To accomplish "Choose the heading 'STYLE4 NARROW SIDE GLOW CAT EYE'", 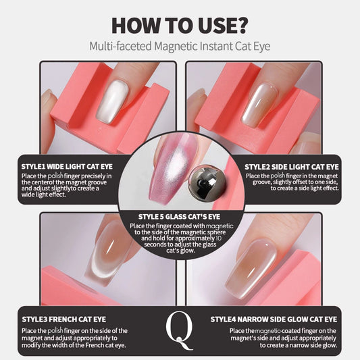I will click(274, 319).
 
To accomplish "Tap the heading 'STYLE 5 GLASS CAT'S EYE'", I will click(180, 217).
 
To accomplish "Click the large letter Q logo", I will click(180, 328).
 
